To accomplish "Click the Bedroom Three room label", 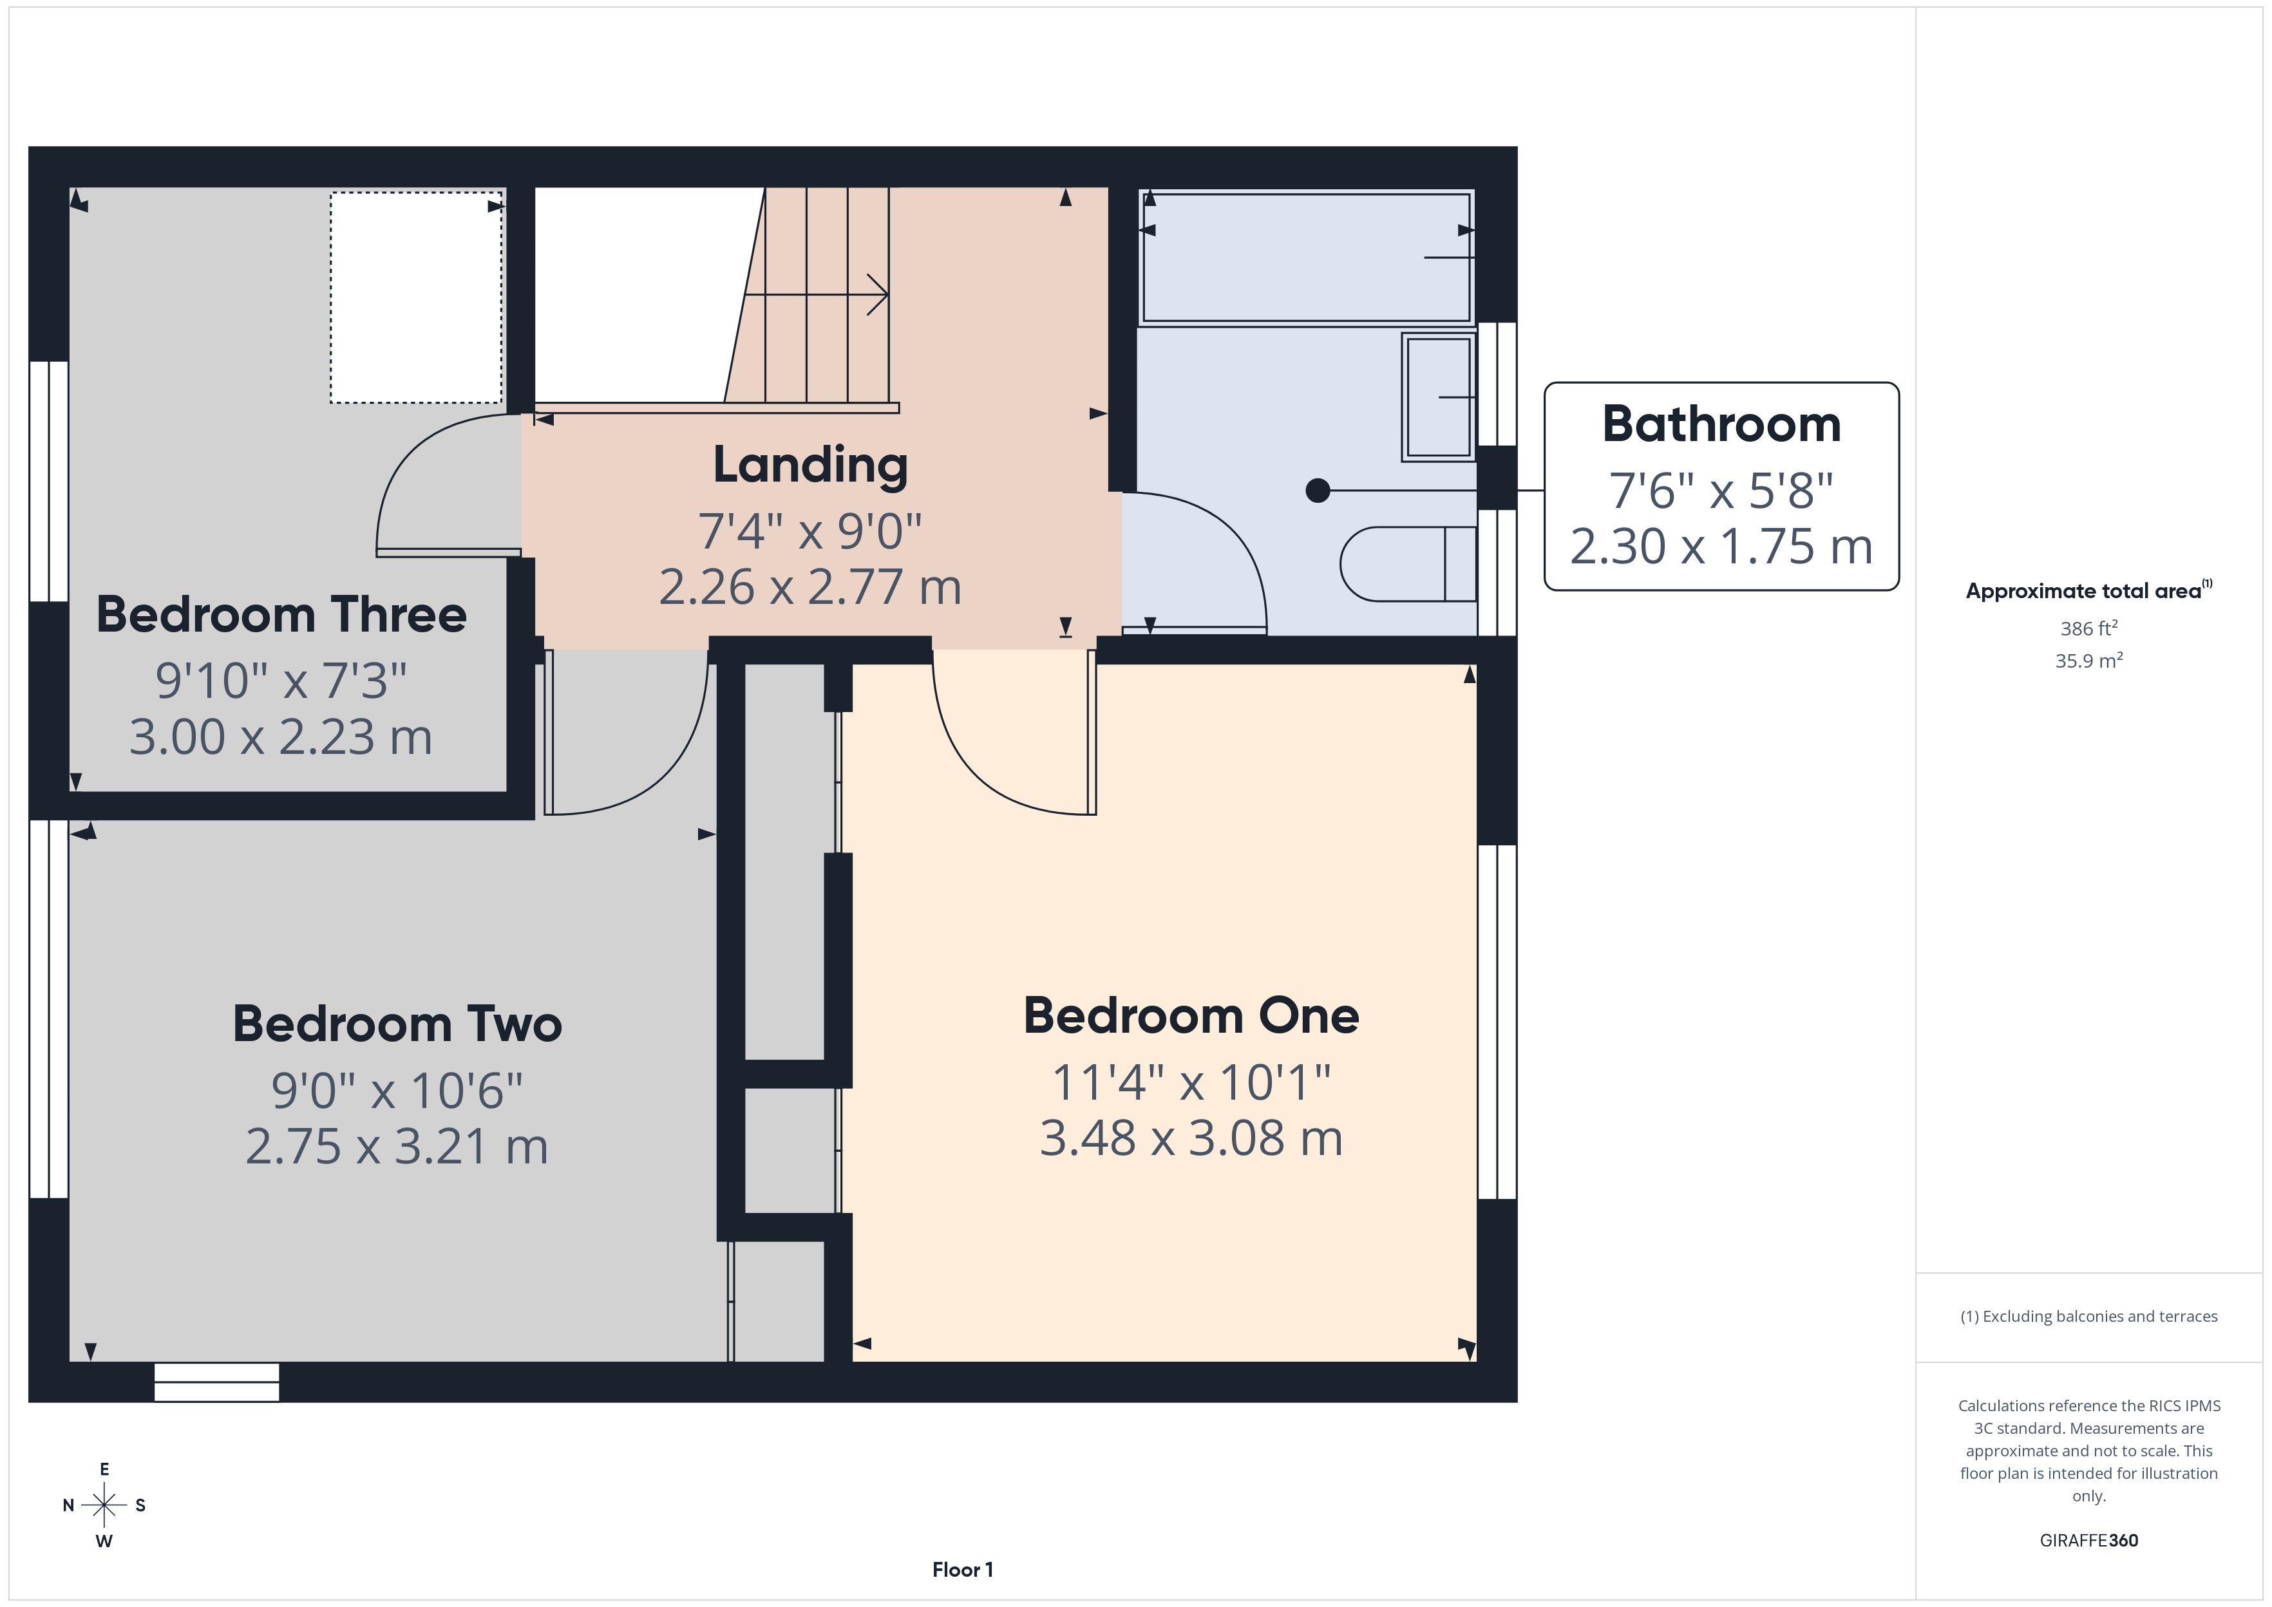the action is pos(281,614).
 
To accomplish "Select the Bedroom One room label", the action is pos(1191,1015).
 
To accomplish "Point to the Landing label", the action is pos(810,465).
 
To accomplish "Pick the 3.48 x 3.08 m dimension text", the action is pos(1191,1138).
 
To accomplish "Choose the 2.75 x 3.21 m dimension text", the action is pos(397,1146).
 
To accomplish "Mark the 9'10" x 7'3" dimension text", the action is pos(281,680).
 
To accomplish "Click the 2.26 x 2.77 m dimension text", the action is pos(810,587).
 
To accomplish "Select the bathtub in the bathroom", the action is pos(1306,258).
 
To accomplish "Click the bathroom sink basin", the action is pos(1439,397).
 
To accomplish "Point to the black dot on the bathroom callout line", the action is pos(1317,490).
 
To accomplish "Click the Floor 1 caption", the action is pos(962,1570).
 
